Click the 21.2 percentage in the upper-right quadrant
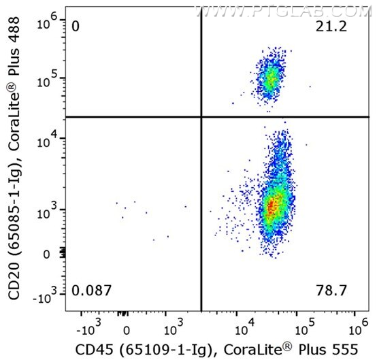pos(331,27)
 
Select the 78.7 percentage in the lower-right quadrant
pos(331,291)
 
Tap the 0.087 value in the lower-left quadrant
pos(91,291)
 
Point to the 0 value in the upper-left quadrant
pos(76,27)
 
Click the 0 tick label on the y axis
pos(46,255)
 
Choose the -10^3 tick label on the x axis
pos(88,327)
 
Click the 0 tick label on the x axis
pos(127,331)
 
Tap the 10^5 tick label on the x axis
pos(305,327)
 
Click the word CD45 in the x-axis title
pos(94,350)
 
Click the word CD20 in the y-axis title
pos(14,281)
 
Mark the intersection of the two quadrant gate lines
pos(201,117)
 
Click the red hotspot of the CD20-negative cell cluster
pos(272,207)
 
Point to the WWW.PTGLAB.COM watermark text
pos(283,12)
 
